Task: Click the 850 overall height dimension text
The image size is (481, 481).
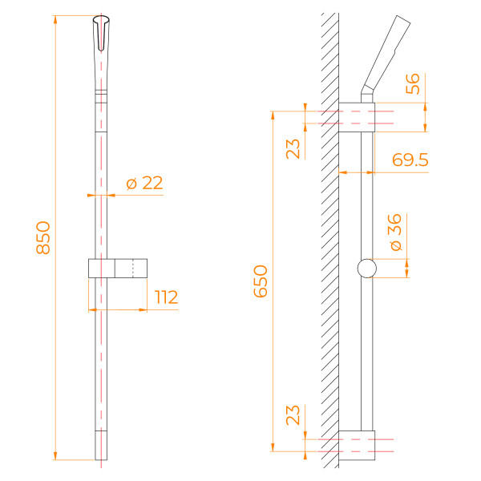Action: (x=43, y=238)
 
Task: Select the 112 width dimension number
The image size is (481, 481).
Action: (x=166, y=297)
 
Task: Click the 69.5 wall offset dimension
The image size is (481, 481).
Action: (x=410, y=160)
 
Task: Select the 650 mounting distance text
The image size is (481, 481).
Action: (x=261, y=281)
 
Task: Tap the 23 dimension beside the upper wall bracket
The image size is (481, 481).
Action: (x=294, y=148)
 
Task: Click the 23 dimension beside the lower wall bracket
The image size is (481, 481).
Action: (x=294, y=414)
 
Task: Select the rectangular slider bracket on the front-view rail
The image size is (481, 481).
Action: (x=119, y=268)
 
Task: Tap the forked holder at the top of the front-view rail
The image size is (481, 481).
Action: (x=100, y=32)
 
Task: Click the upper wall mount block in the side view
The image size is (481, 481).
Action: (x=356, y=116)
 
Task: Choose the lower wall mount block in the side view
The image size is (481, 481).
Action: (x=356, y=447)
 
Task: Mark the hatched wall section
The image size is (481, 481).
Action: (x=329, y=240)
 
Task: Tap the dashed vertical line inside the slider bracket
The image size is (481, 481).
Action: (x=134, y=268)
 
